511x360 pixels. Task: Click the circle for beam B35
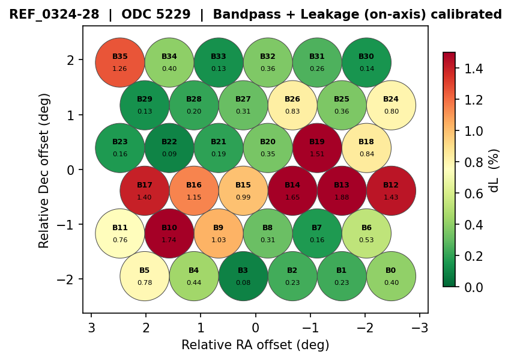120,62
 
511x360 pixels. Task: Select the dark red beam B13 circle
342,191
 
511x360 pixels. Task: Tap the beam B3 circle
243,276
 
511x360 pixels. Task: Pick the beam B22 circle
169,147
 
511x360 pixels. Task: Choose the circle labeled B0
391,276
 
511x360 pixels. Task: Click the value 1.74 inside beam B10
169,240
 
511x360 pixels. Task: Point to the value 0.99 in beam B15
243,197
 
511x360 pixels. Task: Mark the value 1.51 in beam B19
317,154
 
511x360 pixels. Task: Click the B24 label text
391,99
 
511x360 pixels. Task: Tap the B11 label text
120,228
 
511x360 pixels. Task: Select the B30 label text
366,56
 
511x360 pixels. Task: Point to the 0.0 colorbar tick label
471,287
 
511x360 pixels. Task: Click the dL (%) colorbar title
494,170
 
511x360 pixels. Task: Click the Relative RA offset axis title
255,345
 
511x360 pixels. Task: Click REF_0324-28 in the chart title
55,14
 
